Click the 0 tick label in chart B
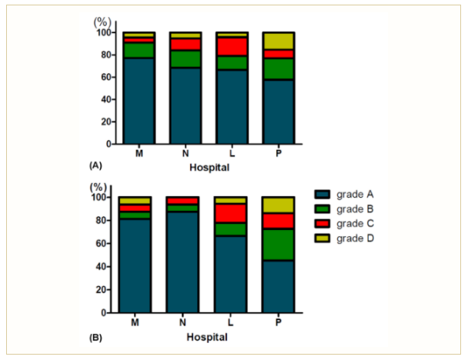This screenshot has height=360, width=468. click(x=102, y=313)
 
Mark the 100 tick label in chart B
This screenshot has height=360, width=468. click(x=98, y=197)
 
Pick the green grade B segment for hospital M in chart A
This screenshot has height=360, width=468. click(x=139, y=50)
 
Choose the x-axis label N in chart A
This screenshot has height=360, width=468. click(x=186, y=153)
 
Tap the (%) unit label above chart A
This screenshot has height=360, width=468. click(x=102, y=23)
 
